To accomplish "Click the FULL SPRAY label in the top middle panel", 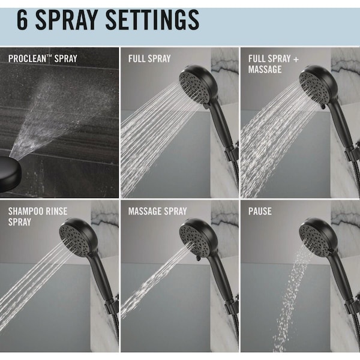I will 149,59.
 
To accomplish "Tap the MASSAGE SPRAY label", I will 157,211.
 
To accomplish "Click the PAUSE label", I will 260,211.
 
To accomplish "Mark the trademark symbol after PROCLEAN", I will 49,56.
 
